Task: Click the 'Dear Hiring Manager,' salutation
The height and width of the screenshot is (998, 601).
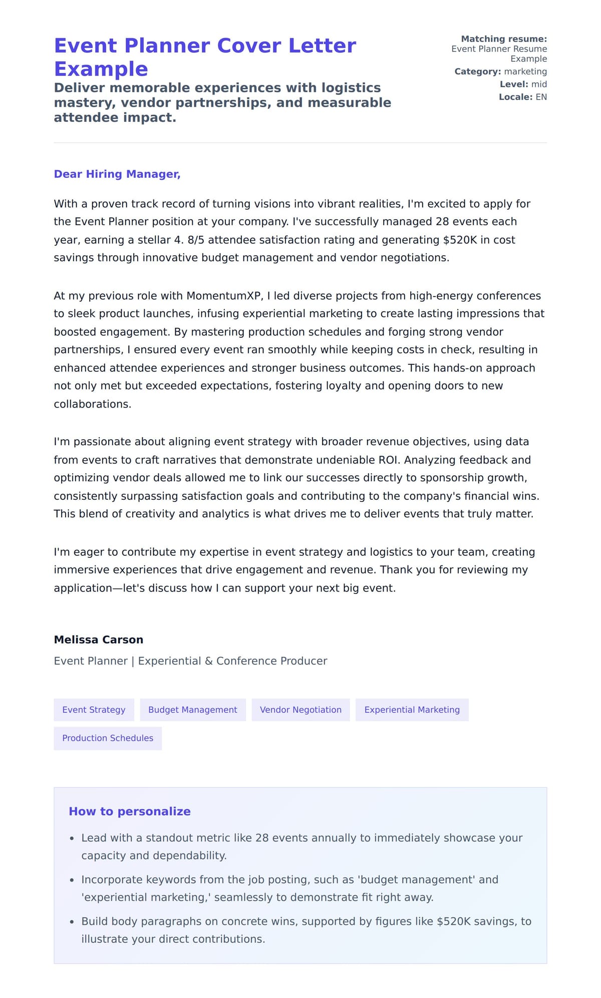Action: click(117, 174)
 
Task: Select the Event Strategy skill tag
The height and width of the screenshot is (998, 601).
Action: click(94, 710)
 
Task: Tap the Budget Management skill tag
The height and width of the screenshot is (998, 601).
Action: click(193, 710)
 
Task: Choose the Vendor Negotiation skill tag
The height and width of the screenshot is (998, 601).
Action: click(300, 710)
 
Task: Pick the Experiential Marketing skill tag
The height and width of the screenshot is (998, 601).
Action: click(412, 710)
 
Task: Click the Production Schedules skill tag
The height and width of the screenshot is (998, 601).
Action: click(108, 738)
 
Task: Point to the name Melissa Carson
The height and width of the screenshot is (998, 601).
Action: click(99, 640)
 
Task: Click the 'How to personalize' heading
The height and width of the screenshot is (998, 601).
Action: click(130, 812)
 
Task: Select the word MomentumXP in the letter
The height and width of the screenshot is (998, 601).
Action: click(224, 296)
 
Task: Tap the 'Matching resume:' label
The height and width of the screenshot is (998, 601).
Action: click(504, 39)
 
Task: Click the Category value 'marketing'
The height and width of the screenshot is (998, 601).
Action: click(525, 72)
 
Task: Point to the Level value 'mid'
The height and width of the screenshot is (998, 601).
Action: click(539, 84)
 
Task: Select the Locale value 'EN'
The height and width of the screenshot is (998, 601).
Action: click(541, 97)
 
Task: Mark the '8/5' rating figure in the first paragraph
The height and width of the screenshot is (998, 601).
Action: click(196, 240)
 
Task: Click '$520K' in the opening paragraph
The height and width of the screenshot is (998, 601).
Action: click(460, 240)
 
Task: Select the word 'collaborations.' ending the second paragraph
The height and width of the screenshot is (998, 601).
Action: click(93, 404)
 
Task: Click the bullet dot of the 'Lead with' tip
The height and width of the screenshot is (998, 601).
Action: click(72, 839)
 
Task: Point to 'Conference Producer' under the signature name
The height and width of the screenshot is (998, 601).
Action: click(271, 661)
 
